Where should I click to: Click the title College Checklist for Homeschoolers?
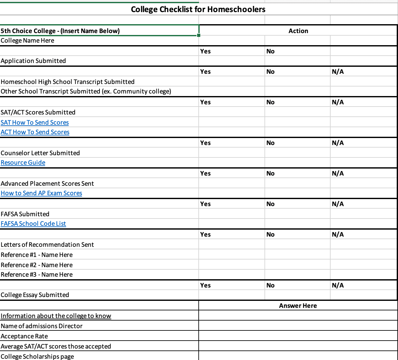click(x=198, y=9)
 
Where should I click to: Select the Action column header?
click(x=298, y=31)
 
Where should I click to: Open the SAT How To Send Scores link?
click(x=35, y=122)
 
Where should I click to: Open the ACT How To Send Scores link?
click(x=35, y=132)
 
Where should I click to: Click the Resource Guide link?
click(x=23, y=163)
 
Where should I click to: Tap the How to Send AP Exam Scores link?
click(x=41, y=193)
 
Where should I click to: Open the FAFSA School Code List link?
click(x=33, y=224)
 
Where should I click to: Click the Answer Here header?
click(x=298, y=306)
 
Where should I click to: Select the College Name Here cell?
click(x=27, y=40)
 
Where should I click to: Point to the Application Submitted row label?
click(x=33, y=61)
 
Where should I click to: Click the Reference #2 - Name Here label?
click(x=37, y=265)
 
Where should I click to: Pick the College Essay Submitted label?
click(x=35, y=295)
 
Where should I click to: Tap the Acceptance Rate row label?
click(x=24, y=336)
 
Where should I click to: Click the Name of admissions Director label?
click(x=41, y=326)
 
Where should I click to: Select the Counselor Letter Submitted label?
click(x=40, y=153)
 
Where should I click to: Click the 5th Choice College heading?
click(x=60, y=31)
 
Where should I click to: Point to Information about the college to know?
click(x=56, y=316)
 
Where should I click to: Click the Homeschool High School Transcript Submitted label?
click(x=67, y=82)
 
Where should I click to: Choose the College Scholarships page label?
click(x=37, y=357)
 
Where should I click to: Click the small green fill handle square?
click(x=199, y=35)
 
